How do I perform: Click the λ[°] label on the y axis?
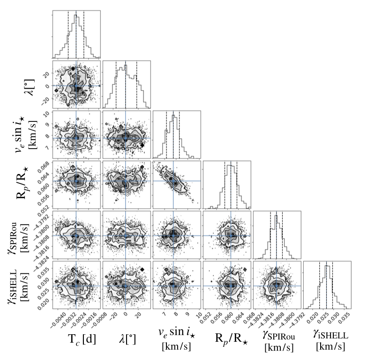pos(28,85)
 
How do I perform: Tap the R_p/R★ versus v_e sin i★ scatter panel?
pos(177,185)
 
